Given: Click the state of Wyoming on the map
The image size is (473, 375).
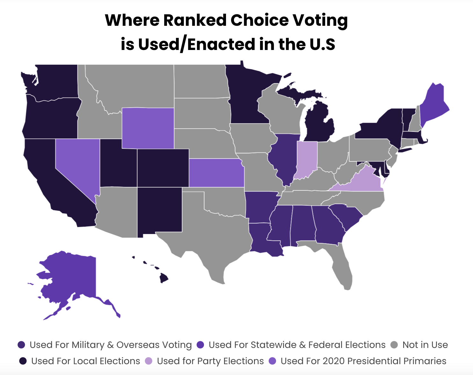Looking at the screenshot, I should [148, 128].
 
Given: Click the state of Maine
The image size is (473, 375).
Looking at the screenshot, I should [433, 105].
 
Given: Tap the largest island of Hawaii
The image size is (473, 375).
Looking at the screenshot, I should [164, 279].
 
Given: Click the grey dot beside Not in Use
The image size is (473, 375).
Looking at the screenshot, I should [394, 345].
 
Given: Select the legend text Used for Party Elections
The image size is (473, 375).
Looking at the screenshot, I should [210, 361].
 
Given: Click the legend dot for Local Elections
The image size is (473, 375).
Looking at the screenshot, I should [23, 361].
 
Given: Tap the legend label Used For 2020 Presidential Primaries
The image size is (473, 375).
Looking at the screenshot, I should [363, 361].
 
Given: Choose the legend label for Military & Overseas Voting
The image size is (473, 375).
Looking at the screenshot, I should [111, 345].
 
